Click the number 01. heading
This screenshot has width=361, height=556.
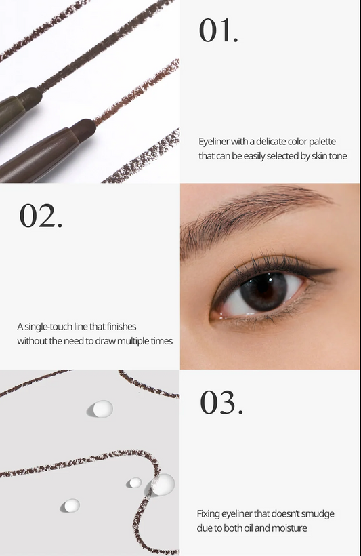[x=218, y=31]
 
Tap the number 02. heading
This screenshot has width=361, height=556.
[x=41, y=216]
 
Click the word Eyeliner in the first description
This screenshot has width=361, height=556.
[x=213, y=142]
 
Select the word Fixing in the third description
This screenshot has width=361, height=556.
[x=209, y=514]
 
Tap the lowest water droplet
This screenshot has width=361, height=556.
[x=72, y=505]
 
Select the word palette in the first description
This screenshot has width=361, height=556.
[x=322, y=142]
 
